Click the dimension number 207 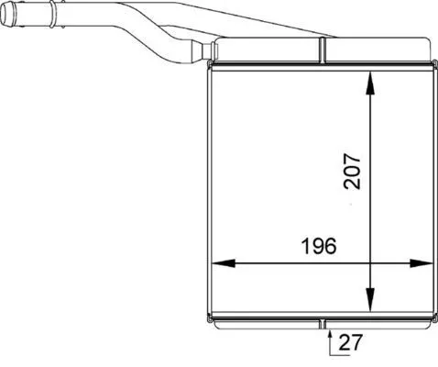(x=352, y=172)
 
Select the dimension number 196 (x=317, y=246)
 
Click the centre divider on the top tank (x=324, y=50)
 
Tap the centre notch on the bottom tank (x=324, y=322)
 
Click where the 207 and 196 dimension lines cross (x=370, y=263)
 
